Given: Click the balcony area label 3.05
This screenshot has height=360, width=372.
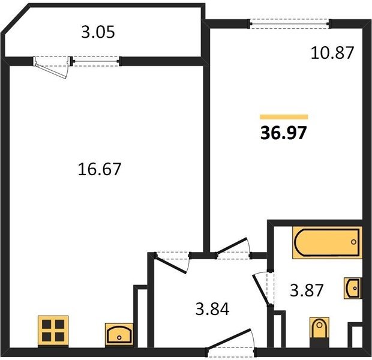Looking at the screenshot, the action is (98, 32).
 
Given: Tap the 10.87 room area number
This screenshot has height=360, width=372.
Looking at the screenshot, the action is (332, 53).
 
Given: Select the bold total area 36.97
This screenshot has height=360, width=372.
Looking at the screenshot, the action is (284, 133).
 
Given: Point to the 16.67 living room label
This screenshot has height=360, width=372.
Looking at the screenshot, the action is (100, 169).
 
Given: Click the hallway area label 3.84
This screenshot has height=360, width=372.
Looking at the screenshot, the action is (212, 309).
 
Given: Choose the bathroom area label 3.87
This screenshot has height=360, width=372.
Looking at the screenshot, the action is (307, 290).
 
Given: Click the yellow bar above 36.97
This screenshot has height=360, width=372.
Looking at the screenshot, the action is (284, 117).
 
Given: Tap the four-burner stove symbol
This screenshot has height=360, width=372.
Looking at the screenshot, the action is (53, 331).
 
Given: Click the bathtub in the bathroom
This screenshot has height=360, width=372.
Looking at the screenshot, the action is (327, 242).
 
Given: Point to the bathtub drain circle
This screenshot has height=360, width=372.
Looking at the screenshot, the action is (353, 242).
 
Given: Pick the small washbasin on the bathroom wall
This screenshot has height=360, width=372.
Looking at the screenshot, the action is (353, 288).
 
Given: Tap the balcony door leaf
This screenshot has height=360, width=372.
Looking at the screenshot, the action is (51, 70).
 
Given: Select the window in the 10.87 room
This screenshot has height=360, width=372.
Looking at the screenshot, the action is (289, 24).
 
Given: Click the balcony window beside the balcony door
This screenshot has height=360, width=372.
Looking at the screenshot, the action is (97, 61).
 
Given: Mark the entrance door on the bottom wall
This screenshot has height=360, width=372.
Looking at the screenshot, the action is (229, 339).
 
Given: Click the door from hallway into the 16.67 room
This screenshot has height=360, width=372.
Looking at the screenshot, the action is (170, 264).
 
